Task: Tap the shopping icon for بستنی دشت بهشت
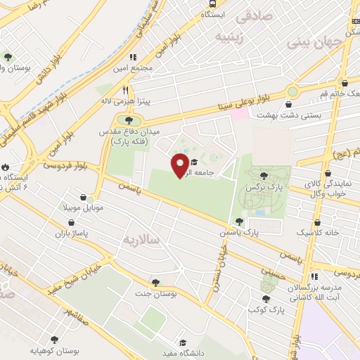coord(289,105)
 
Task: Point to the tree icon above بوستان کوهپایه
coord(55,339)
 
